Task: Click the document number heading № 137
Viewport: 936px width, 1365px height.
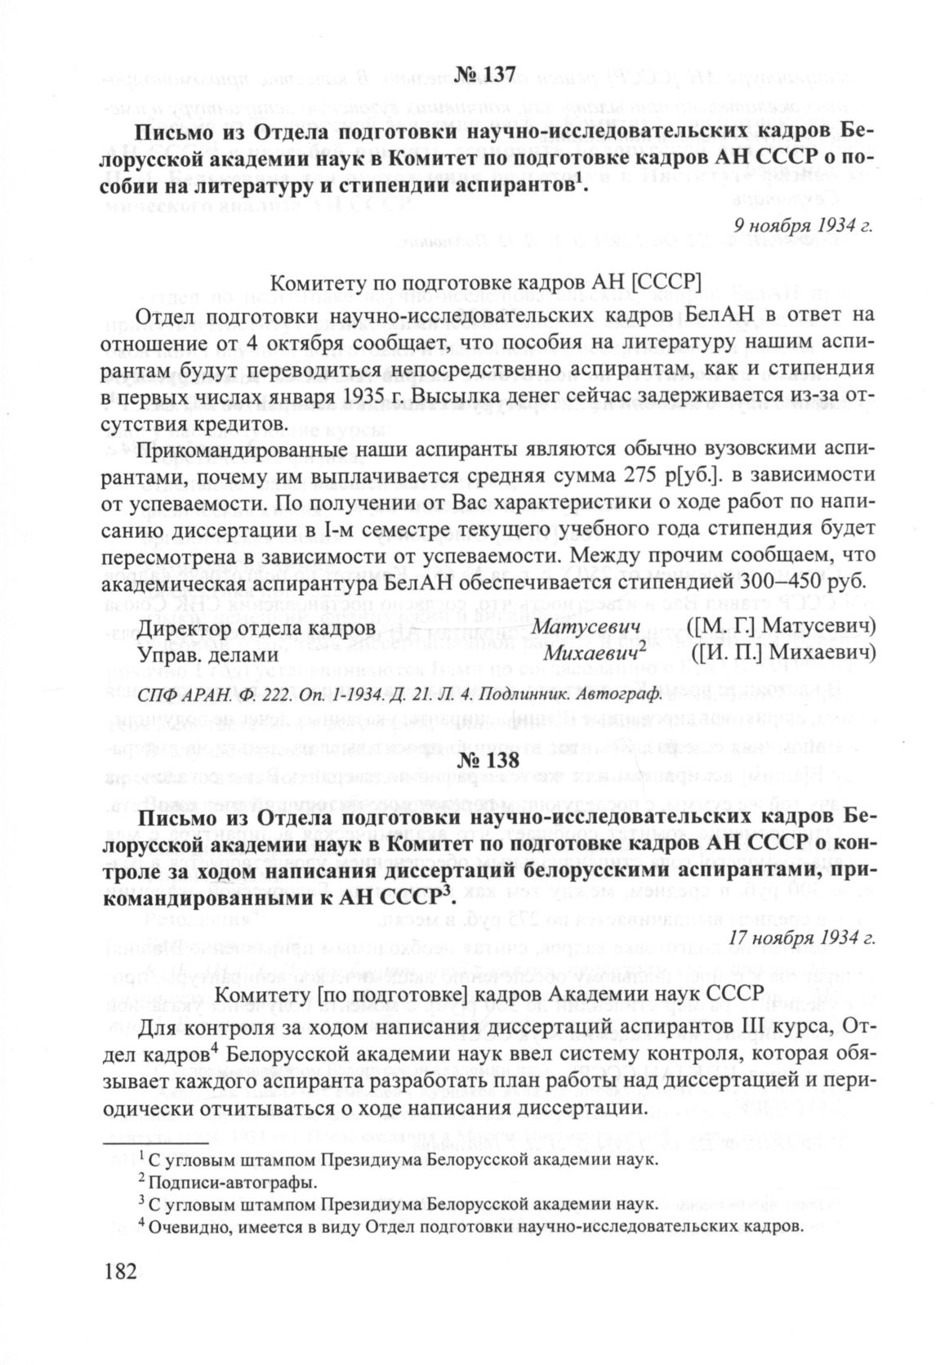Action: coord(486,74)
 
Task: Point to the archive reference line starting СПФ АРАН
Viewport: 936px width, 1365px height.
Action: coord(398,695)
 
